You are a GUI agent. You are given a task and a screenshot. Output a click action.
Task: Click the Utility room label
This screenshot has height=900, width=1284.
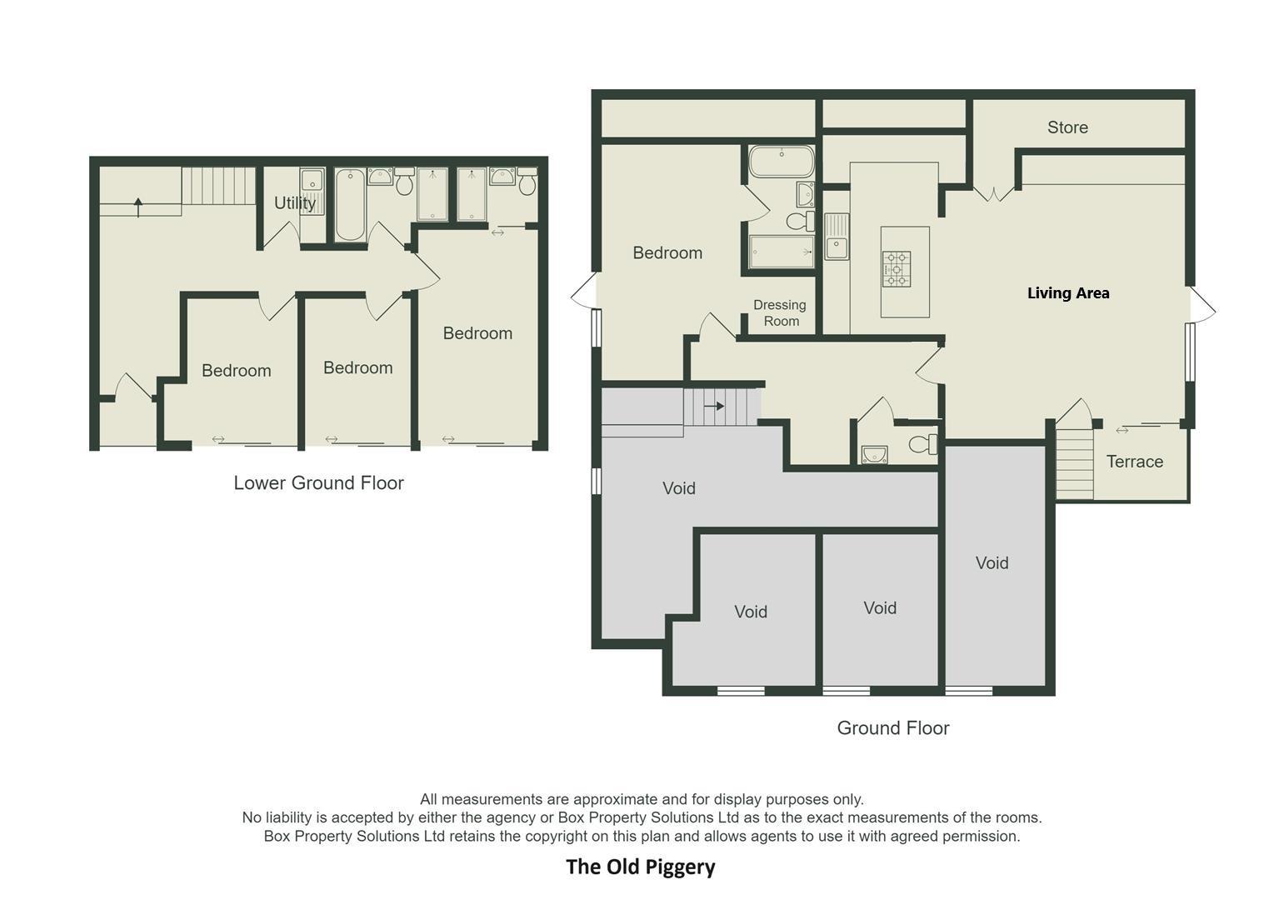pyautogui.click(x=294, y=203)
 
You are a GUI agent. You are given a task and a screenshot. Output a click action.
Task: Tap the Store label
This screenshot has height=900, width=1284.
pyautogui.click(x=1067, y=127)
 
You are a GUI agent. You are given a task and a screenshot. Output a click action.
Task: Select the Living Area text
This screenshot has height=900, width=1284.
pyautogui.click(x=1067, y=292)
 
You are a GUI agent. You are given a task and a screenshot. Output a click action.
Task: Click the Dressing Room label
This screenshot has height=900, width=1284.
pyautogui.click(x=780, y=313)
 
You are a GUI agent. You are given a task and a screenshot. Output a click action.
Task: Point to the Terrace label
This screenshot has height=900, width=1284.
pyautogui.click(x=1134, y=462)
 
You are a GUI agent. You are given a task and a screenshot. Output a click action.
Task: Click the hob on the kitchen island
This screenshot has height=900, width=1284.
pyautogui.click(x=896, y=269)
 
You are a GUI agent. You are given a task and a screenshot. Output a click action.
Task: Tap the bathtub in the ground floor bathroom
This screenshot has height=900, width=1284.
pyautogui.click(x=781, y=161)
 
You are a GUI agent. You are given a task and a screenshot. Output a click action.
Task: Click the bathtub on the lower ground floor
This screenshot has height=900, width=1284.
pyautogui.click(x=350, y=205)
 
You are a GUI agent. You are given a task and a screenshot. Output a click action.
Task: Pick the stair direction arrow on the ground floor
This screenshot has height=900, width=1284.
pyautogui.click(x=714, y=407)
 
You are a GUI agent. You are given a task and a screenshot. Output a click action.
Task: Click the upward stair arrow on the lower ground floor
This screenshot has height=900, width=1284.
pyautogui.click(x=138, y=207)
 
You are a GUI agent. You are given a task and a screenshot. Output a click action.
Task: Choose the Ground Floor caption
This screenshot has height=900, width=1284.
pyautogui.click(x=892, y=728)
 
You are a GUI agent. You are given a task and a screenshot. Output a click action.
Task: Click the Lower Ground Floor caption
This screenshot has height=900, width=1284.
pyautogui.click(x=318, y=483)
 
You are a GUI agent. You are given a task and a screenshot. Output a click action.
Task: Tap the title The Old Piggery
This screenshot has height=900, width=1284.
pyautogui.click(x=640, y=867)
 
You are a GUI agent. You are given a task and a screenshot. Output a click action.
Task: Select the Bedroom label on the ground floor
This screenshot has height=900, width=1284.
pyautogui.click(x=667, y=253)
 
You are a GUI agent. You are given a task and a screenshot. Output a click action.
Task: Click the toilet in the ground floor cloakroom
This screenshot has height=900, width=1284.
pyautogui.click(x=922, y=444)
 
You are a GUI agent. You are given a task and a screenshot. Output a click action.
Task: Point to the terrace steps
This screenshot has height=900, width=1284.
pyautogui.click(x=1074, y=463)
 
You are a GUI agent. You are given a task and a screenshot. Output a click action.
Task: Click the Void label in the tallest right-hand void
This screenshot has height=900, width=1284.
pyautogui.click(x=992, y=563)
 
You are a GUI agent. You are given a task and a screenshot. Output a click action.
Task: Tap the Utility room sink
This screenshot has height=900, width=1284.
pyautogui.click(x=311, y=179)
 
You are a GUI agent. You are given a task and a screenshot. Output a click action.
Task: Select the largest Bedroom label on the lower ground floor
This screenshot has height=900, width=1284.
pyautogui.click(x=477, y=333)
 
